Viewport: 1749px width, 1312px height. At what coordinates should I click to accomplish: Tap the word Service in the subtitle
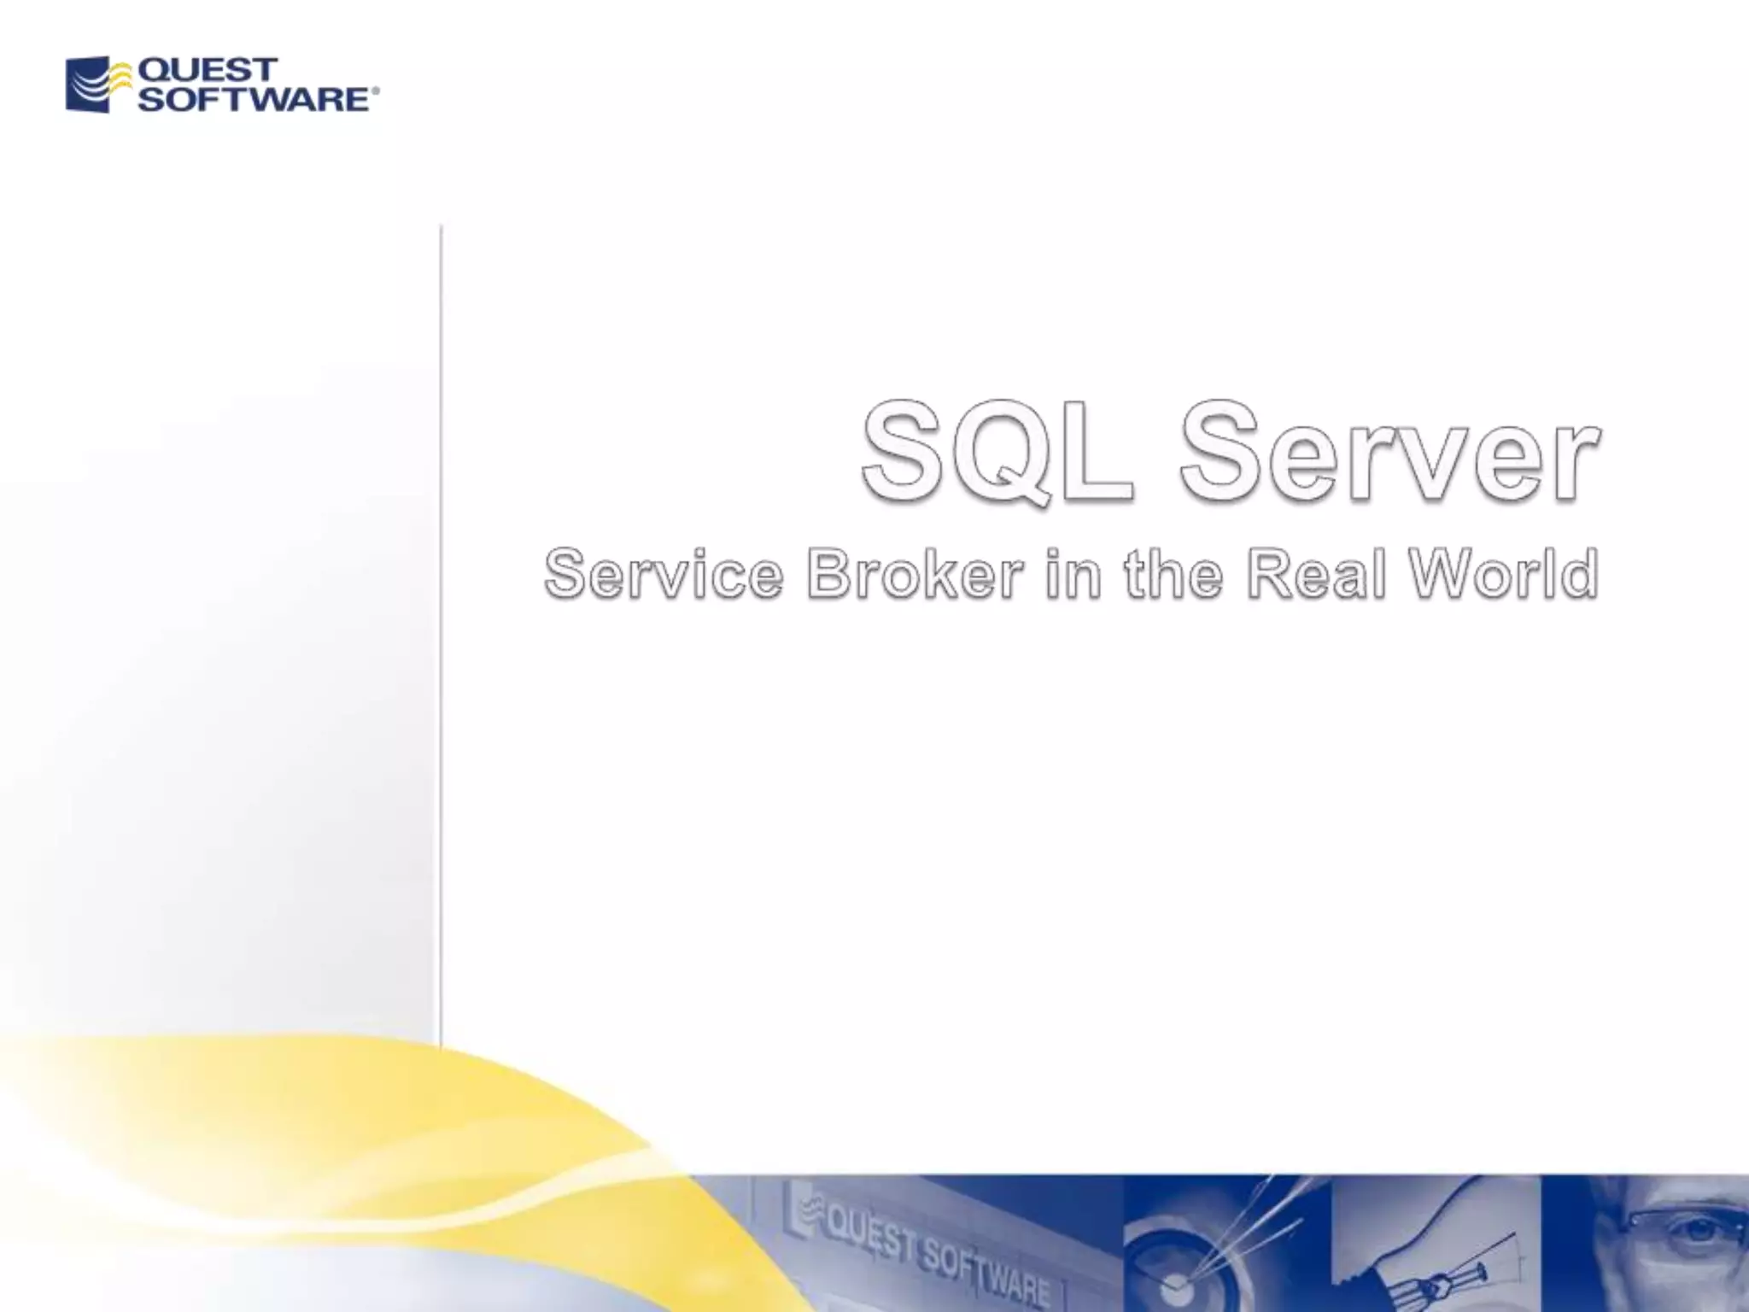click(664, 573)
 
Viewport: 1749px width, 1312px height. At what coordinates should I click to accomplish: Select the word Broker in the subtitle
click(915, 573)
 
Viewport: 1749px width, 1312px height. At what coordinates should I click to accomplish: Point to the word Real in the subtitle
click(1315, 573)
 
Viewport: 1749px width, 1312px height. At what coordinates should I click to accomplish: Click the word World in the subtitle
click(1504, 573)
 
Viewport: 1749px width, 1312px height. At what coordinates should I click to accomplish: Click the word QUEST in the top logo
click(208, 69)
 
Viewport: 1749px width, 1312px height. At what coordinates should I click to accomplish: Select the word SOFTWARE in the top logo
click(254, 99)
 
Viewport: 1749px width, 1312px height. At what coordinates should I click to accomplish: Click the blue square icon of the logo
click(88, 85)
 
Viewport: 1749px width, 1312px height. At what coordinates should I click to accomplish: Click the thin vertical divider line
click(441, 632)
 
